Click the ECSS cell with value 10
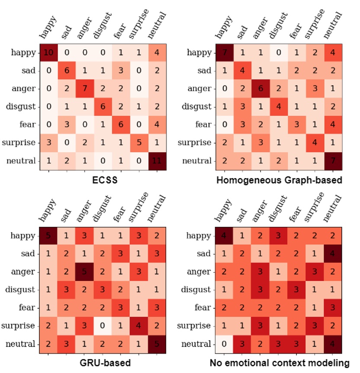pos(49,53)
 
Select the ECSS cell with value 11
pos(157,161)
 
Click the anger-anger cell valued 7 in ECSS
pos(85,89)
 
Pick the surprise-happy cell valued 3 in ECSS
pos(49,143)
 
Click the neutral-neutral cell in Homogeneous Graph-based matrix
pos(333,161)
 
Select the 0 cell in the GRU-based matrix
pos(103,326)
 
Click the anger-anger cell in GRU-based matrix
pos(85,272)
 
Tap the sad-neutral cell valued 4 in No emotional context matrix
pos(333,254)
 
